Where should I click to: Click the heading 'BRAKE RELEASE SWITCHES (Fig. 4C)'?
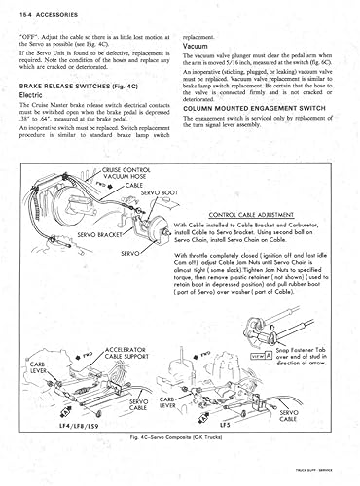click(x=77, y=87)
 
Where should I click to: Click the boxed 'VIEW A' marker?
click(x=261, y=357)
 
